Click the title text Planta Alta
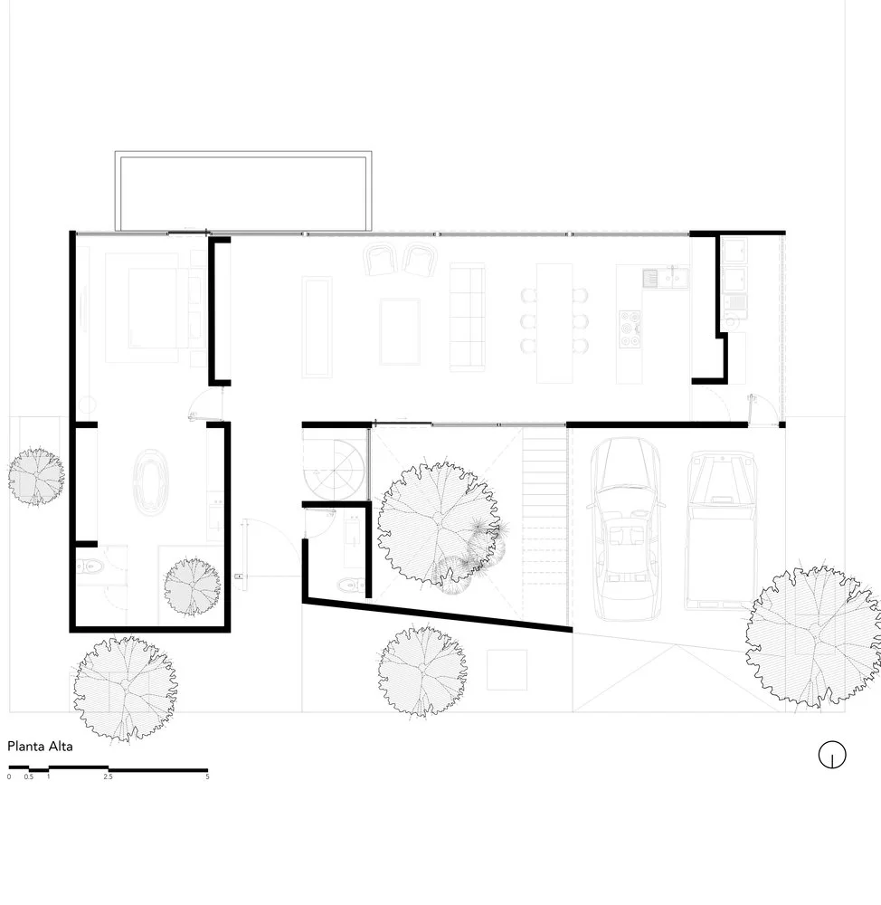40,747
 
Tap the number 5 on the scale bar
207,777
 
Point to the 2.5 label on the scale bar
109,777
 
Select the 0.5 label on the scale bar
29,777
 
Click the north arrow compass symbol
831,755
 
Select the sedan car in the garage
627,529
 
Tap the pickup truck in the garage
720,529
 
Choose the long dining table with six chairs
554,321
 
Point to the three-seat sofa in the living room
467,317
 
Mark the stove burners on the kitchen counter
630,329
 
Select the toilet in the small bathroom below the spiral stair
350,586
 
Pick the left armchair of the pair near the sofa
381,261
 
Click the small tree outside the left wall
36,476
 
